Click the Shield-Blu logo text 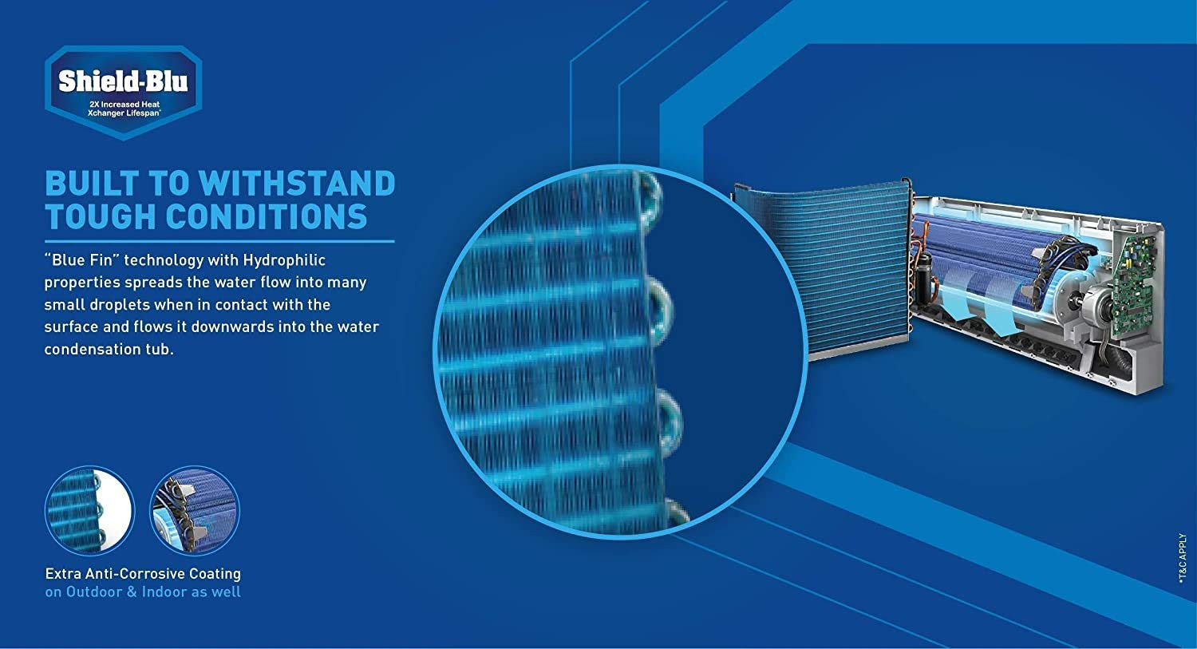[123, 81]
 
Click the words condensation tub [109, 350]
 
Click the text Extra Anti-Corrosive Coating [143, 574]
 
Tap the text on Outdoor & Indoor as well [143, 592]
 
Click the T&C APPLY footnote [1183, 562]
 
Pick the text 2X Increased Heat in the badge [124, 105]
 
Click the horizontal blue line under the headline [219, 241]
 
